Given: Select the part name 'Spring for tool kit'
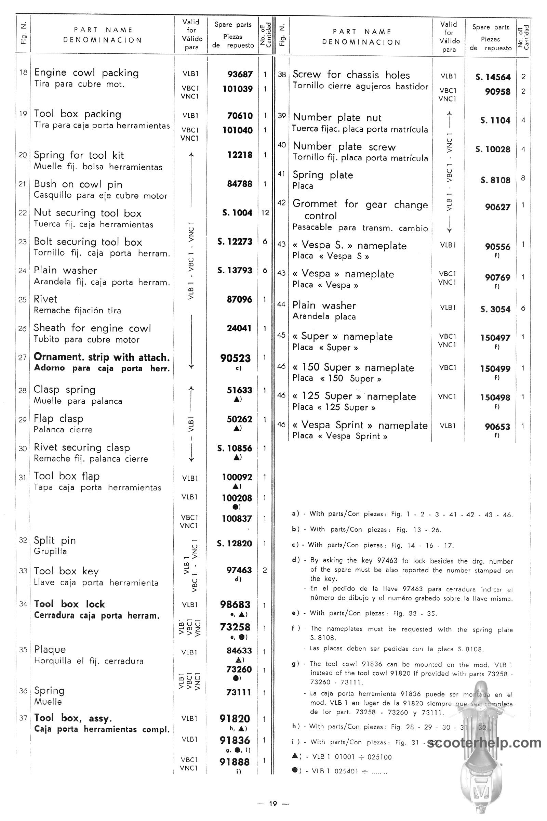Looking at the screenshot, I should [79, 155].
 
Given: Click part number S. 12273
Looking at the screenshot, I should [235, 242].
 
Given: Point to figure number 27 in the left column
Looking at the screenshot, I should [23, 357].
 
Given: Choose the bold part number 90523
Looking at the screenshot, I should [236, 359].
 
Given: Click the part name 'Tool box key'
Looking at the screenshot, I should [66, 571].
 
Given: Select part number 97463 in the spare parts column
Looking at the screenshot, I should [239, 570].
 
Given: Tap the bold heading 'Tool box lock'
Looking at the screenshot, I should [69, 604].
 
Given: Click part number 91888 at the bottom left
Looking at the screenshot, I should [235, 762].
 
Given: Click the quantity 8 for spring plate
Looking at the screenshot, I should [523, 178].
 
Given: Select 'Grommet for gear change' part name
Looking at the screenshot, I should [360, 204].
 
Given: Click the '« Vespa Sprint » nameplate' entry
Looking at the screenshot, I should [360, 425].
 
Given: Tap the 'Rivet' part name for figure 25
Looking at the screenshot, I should [45, 299].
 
